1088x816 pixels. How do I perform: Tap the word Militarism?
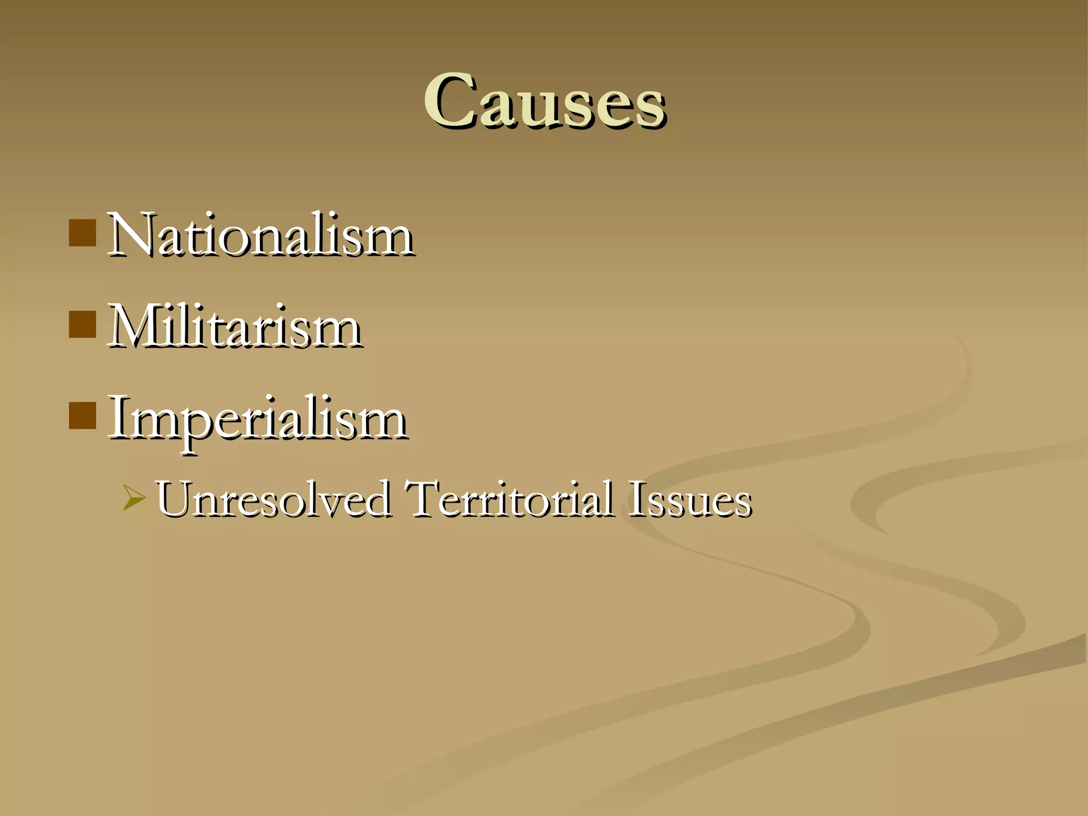click(235, 326)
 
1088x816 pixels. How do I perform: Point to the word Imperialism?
click(258, 418)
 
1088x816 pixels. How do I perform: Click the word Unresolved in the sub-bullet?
click(273, 499)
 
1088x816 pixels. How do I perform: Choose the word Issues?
click(690, 499)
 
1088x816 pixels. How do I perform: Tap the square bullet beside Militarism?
click(82, 325)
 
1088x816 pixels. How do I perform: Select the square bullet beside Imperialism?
click(82, 415)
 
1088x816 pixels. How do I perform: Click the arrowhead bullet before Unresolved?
click(133, 498)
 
